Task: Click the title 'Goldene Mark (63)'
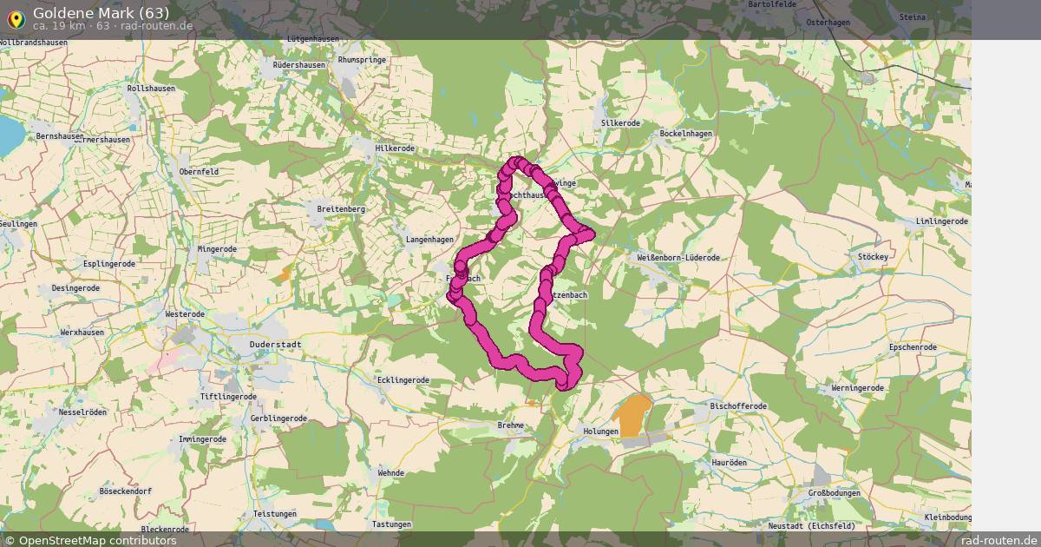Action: [x=101, y=12]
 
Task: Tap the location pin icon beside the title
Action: [x=16, y=17]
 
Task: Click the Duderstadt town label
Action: [x=275, y=345]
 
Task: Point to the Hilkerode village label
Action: [x=396, y=148]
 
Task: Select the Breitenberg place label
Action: [x=341, y=209]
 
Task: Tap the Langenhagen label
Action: [x=429, y=240]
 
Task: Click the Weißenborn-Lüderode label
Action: [x=678, y=258]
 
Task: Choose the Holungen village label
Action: [x=600, y=432]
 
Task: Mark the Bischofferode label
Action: [x=738, y=405]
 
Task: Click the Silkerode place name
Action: [x=620, y=123]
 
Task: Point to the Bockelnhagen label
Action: [x=685, y=134]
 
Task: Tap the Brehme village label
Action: [x=510, y=425]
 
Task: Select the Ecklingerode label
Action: [x=403, y=379]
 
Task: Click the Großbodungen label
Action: [x=834, y=493]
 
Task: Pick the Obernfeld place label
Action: [x=199, y=172]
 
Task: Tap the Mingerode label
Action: [x=217, y=249]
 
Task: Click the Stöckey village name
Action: [x=873, y=257]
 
